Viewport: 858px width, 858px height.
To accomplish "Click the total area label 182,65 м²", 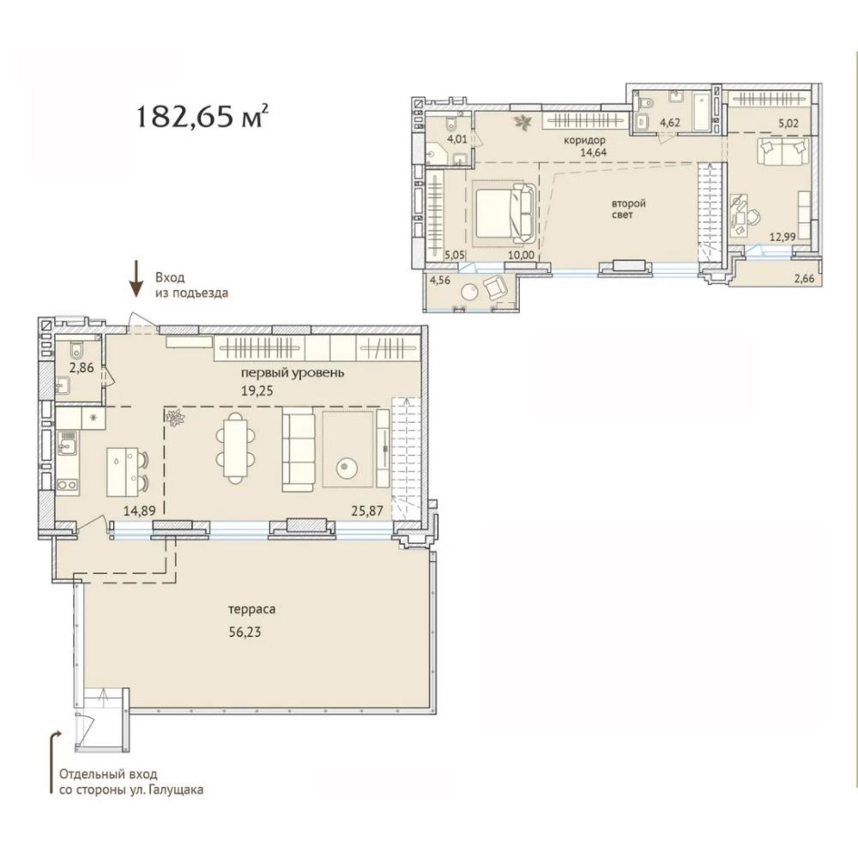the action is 202,116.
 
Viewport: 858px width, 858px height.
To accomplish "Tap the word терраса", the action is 251,609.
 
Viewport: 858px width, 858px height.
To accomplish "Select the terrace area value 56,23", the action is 245,632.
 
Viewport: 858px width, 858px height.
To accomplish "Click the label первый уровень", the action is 293,373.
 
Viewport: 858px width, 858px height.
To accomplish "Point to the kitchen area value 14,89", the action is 140,511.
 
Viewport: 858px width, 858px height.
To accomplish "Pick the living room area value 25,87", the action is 366,511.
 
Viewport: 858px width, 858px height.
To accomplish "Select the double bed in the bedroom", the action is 504,214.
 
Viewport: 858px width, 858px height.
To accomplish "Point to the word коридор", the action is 585,140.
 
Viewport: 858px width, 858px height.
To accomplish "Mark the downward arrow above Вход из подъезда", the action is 136,280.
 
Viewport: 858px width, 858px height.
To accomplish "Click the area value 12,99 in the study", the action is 782,237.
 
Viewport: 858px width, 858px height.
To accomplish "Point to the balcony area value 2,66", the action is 803,279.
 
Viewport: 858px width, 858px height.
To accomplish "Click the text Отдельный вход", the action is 108,775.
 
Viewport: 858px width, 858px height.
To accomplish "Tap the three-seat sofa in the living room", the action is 299,452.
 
